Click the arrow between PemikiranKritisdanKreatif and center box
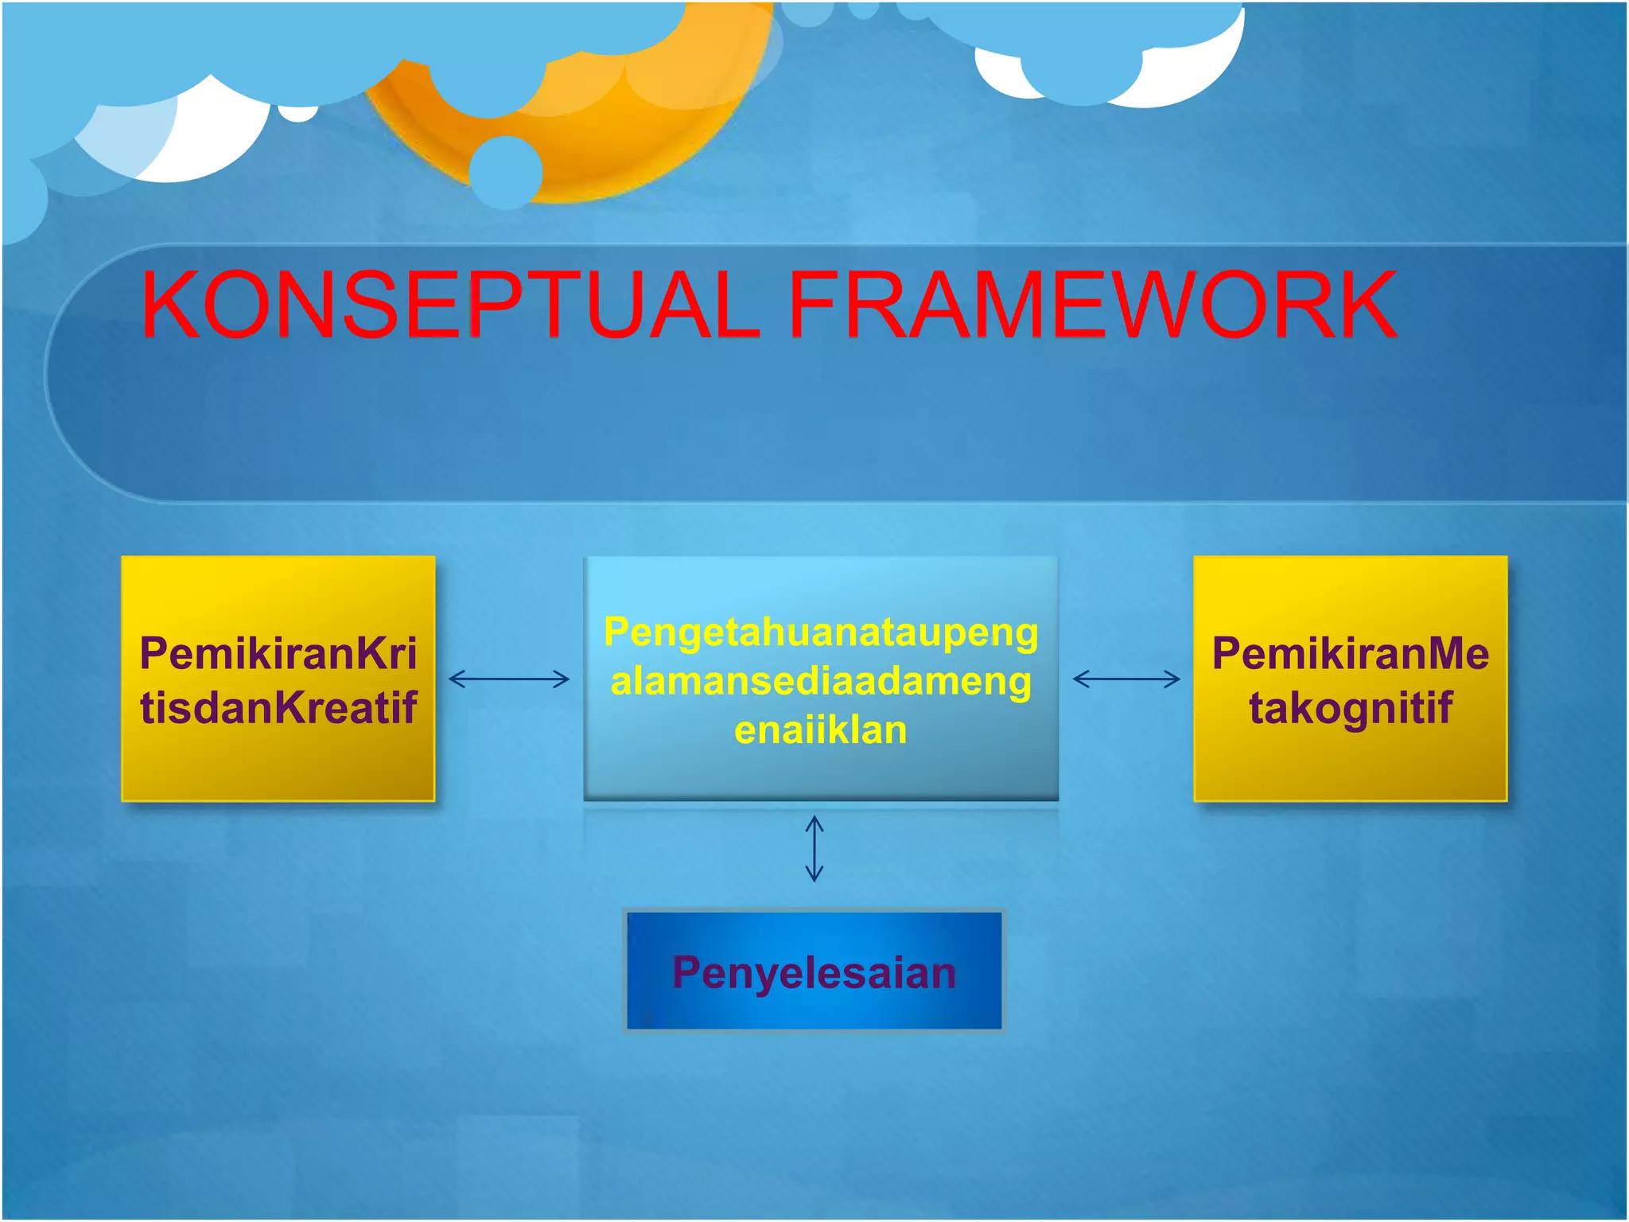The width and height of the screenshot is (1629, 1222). tap(509, 679)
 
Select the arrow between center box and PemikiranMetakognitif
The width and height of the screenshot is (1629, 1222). tap(1126, 679)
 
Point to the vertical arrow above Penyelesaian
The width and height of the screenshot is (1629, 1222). tap(814, 848)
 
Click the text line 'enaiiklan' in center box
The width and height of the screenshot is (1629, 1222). tap(820, 730)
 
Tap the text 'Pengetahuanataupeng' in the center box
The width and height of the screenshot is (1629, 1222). tap(820, 632)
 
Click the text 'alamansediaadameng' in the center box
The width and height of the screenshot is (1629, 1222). tap(820, 682)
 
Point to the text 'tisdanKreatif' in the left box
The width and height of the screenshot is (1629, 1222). tap(278, 707)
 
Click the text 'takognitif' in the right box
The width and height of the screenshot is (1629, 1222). tap(1350, 707)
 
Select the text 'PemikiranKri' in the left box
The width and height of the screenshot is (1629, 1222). tap(278, 653)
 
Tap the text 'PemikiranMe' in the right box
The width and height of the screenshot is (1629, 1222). tap(1350, 653)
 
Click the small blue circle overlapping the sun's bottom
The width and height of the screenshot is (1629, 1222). tap(505, 172)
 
